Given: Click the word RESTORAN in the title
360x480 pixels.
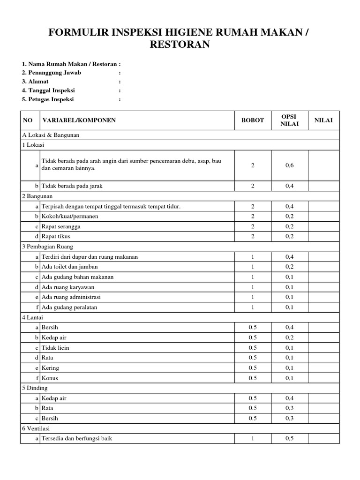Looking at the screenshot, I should point(180,45).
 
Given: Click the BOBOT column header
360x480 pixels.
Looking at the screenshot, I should point(253,120).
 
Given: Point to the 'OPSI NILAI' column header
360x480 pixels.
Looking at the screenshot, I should point(289,120).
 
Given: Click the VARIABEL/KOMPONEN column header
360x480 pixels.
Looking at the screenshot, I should point(79,120).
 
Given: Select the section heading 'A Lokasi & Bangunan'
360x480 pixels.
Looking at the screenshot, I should point(51,135).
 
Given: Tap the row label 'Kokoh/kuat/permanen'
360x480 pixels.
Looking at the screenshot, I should point(70,217).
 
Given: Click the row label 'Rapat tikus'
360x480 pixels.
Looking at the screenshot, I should point(56,236).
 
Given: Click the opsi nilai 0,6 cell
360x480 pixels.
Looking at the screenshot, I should point(289,165).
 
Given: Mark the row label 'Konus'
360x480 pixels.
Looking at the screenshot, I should point(50,378).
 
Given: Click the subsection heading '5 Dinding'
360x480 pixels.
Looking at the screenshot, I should point(35,388).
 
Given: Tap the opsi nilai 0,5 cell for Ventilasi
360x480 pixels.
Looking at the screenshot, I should point(289,439).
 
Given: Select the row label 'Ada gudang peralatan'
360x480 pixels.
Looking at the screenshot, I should point(70,307).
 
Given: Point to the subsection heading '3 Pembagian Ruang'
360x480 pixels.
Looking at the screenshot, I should point(47,247).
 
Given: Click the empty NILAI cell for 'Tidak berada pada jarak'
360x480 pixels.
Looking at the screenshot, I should point(323,186).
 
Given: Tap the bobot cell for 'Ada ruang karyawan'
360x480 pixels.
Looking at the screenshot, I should point(253,287).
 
